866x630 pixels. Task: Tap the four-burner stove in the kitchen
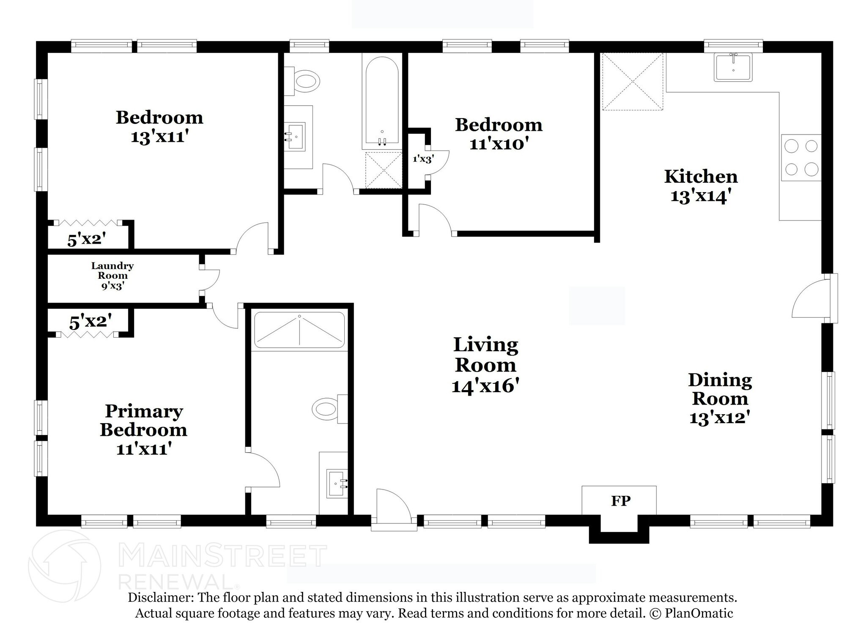(801, 158)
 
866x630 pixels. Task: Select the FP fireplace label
(621, 501)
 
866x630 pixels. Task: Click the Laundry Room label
(112, 270)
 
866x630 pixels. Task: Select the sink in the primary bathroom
(337, 483)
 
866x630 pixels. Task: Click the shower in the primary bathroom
(299, 330)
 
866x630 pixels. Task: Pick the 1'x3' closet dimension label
(423, 159)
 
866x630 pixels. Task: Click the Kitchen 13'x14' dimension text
(701, 196)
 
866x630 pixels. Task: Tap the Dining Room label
(720, 389)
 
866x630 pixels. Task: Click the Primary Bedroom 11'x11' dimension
(144, 448)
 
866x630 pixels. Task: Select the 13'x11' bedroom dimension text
(159, 137)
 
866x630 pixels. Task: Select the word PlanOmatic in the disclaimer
(699, 613)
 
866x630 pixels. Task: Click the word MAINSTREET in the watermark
(222, 556)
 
